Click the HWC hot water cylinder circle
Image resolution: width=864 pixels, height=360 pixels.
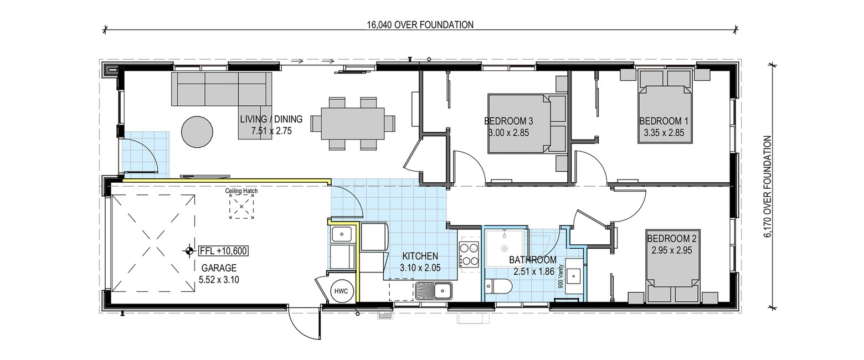pos(341,291)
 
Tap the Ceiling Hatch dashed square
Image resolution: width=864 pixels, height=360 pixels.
pos(242,207)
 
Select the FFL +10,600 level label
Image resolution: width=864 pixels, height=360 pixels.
pos(223,251)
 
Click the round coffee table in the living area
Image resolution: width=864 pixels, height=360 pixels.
pos(197,132)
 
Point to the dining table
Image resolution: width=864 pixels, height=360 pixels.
pos(353,124)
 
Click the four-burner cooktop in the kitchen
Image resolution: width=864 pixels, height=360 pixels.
pos(469,254)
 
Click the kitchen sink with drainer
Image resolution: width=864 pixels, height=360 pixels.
pos(434,291)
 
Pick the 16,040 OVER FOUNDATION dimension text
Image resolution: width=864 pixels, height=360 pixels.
pos(420,25)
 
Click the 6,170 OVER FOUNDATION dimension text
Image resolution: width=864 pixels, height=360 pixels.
pos(768,186)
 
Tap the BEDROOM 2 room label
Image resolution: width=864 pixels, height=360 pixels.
pos(672,239)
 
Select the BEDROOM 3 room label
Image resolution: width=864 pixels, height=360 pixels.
pos(508,121)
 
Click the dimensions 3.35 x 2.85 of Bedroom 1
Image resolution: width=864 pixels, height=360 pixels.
pos(664,133)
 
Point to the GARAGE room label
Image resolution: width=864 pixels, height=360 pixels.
pos(219,268)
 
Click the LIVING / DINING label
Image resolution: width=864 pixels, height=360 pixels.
pos(271,119)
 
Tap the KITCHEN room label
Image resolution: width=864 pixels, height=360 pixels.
pos(420,256)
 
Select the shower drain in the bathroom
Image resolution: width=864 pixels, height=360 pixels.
pos(504,249)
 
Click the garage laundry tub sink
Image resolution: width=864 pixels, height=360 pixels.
pos(341,234)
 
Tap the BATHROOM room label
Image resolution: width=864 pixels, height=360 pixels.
pos(533,260)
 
